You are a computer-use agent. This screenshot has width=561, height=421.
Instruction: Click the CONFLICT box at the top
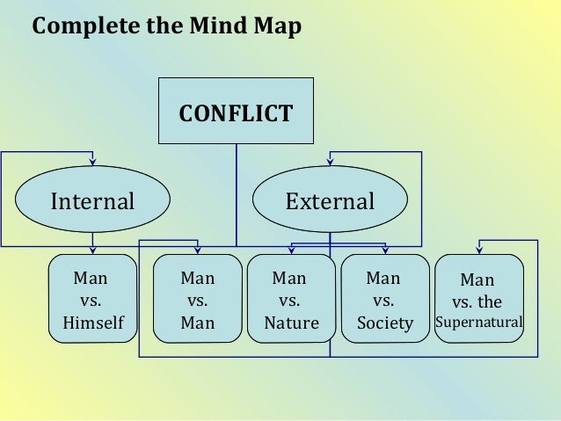(236, 112)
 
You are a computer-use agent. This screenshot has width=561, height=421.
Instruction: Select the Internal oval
(92, 201)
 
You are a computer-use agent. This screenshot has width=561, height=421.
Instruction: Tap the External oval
(330, 201)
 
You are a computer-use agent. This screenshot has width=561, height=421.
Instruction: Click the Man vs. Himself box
(92, 299)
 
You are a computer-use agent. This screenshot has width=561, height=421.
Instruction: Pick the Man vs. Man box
(197, 299)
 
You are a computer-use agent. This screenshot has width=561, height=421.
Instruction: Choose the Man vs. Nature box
(290, 299)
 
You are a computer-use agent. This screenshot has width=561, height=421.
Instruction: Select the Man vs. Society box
(384, 299)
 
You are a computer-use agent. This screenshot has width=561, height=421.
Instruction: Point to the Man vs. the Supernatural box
(479, 300)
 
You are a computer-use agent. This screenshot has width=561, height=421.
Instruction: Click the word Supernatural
(479, 323)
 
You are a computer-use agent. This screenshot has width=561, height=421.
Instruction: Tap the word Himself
(92, 323)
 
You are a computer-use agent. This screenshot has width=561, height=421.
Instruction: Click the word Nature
(291, 323)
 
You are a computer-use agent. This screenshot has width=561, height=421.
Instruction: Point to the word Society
(384, 323)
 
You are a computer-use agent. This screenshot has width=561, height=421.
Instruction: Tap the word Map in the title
(279, 26)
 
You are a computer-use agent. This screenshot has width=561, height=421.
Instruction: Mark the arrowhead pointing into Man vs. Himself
(92, 250)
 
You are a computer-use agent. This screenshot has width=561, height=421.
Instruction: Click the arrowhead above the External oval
(330, 161)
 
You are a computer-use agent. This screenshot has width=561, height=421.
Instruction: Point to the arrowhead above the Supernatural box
(479, 250)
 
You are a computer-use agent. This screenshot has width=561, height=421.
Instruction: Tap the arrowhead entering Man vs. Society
(384, 250)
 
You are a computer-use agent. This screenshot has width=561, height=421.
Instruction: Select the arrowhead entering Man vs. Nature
(291, 250)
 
